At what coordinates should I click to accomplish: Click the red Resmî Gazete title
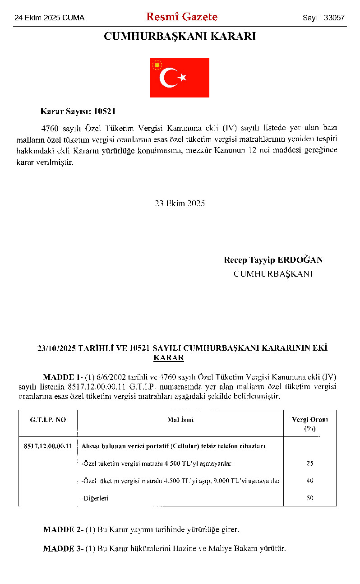pos(182,17)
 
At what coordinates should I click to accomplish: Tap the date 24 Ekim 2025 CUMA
pos(49,18)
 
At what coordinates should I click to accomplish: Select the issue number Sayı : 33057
pos(323,18)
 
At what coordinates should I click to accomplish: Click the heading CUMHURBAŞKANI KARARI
pos(180,37)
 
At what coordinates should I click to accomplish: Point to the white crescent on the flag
pos(168,78)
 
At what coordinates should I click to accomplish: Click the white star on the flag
pos(182,78)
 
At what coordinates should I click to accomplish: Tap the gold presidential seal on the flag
pos(157,65)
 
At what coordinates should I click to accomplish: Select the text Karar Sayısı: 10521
pos(74,111)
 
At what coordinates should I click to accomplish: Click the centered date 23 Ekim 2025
pos(180,204)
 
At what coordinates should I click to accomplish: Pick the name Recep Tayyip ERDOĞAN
pos(273,260)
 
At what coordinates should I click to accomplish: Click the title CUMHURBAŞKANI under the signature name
pos(273,274)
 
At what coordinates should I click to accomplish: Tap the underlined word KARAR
pos(169,358)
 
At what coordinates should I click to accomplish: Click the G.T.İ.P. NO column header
pos(48,420)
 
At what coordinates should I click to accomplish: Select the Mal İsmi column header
pos(180,420)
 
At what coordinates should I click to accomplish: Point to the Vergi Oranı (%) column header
pos(309,424)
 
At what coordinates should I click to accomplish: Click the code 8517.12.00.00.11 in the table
pos(48,446)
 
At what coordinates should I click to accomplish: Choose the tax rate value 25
pos(309,463)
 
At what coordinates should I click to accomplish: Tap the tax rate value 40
pos(309,481)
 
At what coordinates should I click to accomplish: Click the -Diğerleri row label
pos(95,498)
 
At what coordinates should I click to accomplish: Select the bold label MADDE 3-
pos(63,549)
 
